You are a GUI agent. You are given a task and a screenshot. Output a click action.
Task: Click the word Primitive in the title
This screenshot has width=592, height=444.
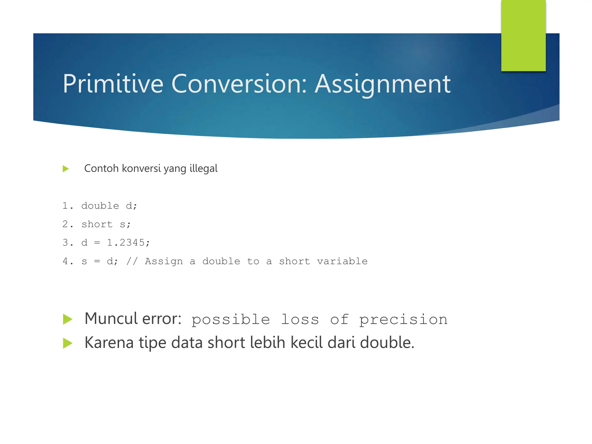113,84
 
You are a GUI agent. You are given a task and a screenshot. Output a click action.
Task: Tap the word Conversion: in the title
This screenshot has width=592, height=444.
239,84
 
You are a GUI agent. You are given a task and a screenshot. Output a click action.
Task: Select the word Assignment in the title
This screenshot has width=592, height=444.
382,84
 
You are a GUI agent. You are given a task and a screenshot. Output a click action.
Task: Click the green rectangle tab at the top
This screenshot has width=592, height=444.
523,35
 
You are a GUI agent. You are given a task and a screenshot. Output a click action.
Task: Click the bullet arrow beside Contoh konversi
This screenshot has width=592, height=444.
66,169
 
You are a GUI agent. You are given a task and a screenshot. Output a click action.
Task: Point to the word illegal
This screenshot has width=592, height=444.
203,168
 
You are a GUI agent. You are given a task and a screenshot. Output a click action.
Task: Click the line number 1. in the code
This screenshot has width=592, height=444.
68,206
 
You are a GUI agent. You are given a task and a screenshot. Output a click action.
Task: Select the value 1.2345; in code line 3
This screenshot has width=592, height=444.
128,243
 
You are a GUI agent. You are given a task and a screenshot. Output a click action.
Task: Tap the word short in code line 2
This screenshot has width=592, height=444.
97,224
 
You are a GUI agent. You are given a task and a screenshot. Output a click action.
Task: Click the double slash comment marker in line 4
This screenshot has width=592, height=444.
132,261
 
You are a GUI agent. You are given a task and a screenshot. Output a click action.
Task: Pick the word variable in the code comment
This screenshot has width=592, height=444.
342,261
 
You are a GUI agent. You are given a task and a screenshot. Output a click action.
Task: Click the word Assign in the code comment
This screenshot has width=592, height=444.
164,261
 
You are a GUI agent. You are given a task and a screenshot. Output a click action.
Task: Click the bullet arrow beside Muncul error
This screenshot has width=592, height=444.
67,319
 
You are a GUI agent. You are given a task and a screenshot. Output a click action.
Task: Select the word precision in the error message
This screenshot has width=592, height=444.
403,319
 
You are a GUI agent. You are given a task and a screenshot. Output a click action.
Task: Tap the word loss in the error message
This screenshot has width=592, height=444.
300,319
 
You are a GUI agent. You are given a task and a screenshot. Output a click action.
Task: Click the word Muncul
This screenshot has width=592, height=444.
111,319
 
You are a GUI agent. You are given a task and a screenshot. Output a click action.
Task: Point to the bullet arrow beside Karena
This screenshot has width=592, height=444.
67,343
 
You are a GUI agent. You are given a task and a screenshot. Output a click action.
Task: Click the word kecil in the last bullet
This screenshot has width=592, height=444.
306,343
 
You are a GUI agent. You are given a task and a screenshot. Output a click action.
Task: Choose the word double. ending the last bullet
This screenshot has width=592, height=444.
387,343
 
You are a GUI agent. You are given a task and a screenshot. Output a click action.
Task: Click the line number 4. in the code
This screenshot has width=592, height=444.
68,261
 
